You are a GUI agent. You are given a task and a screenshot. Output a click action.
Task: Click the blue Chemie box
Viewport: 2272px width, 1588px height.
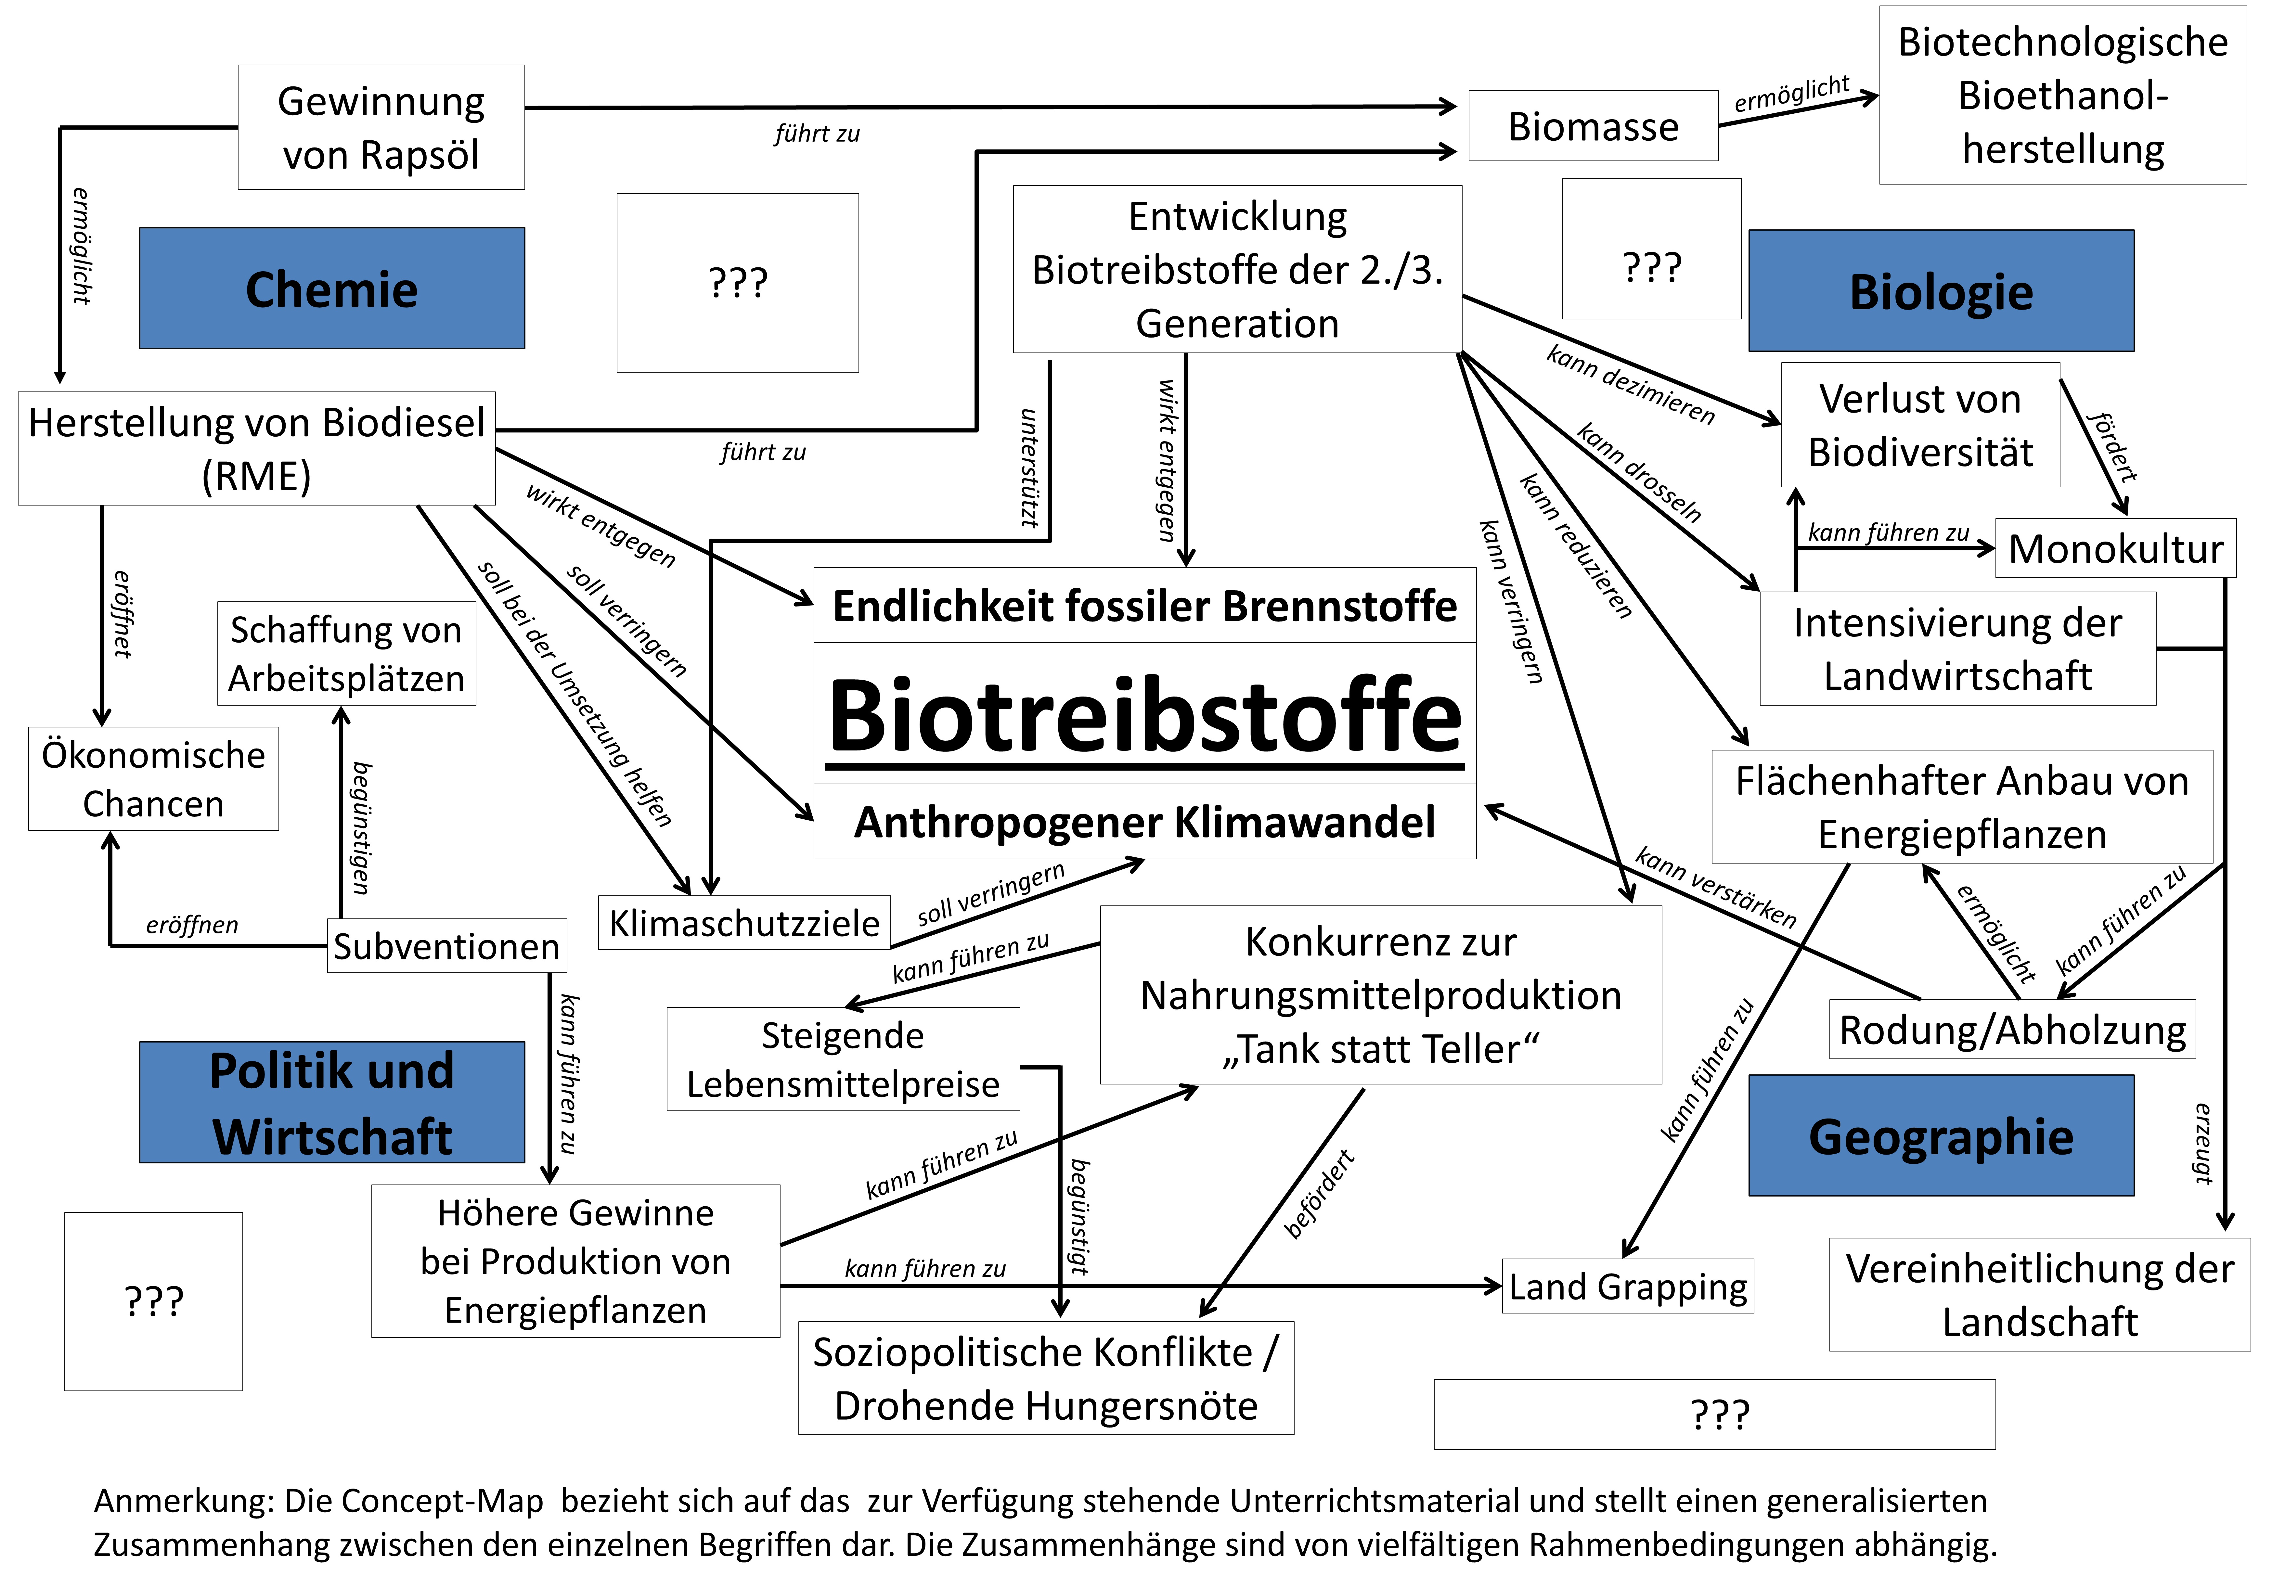331,289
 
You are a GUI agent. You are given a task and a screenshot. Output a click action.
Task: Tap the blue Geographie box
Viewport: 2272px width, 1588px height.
1941,1136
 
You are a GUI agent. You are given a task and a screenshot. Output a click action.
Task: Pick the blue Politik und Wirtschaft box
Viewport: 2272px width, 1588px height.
331,1102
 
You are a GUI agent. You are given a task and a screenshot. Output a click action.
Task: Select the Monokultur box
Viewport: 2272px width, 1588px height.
2116,548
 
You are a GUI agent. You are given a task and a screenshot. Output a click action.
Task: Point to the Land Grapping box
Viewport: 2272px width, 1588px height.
1628,1286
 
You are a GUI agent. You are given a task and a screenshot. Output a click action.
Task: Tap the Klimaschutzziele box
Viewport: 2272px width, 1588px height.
744,923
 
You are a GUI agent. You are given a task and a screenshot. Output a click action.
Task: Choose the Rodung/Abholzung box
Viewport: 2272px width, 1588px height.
2012,1030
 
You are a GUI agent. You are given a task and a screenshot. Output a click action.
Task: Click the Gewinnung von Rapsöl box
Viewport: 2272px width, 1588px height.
381,128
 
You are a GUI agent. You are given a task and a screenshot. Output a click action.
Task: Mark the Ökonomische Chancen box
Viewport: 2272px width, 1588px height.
153,779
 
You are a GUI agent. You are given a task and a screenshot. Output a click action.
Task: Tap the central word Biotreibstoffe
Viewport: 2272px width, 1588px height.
1145,715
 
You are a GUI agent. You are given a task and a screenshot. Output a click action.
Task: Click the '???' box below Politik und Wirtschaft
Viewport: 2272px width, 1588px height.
153,1301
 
